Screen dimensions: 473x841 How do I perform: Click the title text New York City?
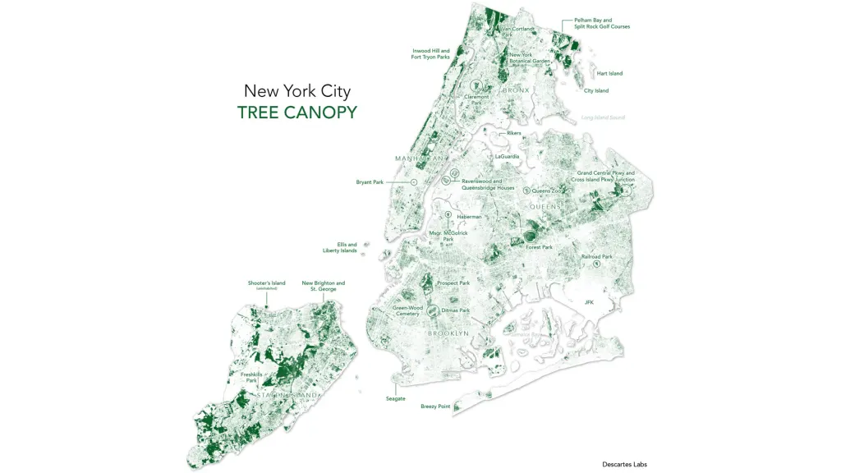coord(296,90)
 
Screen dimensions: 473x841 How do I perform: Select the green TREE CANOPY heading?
coord(296,113)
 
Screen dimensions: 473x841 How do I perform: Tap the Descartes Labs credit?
coord(624,464)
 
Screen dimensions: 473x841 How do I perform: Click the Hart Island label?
coord(609,74)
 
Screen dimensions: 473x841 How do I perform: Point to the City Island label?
coord(596,90)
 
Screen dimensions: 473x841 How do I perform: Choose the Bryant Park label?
coord(370,182)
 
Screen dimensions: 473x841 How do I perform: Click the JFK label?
coord(589,302)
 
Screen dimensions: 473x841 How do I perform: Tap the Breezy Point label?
coord(435,406)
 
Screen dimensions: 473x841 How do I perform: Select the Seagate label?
coord(396,398)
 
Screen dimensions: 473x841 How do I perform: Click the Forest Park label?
coord(540,247)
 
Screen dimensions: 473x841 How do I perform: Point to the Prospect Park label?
coord(453,283)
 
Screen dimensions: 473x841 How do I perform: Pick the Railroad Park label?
coord(597,257)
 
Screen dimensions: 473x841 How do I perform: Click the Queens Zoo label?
coord(546,191)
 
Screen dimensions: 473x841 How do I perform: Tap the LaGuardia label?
coord(508,156)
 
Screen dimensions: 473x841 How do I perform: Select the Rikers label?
coord(514,133)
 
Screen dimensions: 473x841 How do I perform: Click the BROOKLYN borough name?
coord(448,333)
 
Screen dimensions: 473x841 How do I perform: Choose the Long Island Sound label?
coord(603,117)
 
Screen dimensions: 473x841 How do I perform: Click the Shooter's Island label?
coord(267,283)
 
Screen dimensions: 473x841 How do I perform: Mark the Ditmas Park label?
coord(455,310)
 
